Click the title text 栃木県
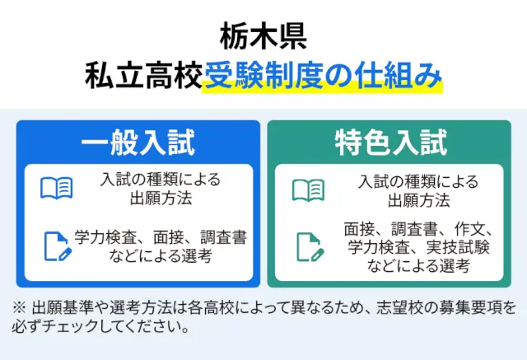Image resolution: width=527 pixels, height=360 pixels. pyautogui.click(x=263, y=36)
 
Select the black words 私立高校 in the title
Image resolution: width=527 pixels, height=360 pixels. pyautogui.click(x=144, y=76)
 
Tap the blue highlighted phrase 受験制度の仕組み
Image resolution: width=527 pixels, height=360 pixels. pyautogui.click(x=323, y=76)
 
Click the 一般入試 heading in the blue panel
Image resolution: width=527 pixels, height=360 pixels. pyautogui.click(x=138, y=143)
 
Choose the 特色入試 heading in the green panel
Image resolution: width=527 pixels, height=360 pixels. pyautogui.click(x=390, y=143)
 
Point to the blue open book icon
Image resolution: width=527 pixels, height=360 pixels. pyautogui.click(x=57, y=188)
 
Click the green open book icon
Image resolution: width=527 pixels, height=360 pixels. pyautogui.click(x=308, y=190)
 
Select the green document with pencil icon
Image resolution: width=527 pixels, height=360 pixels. pyautogui.click(x=310, y=247)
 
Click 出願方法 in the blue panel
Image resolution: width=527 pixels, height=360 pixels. pyautogui.click(x=161, y=198)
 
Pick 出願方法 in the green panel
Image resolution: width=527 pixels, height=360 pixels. pyautogui.click(x=419, y=200)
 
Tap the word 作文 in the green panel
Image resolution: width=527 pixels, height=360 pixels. pyautogui.click(x=470, y=229)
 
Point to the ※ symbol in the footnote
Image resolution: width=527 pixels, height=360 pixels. pyautogui.click(x=19, y=308)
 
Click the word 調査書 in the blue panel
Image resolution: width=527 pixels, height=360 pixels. pyautogui.click(x=224, y=237)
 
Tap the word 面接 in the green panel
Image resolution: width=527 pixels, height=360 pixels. pyautogui.click(x=359, y=229)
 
